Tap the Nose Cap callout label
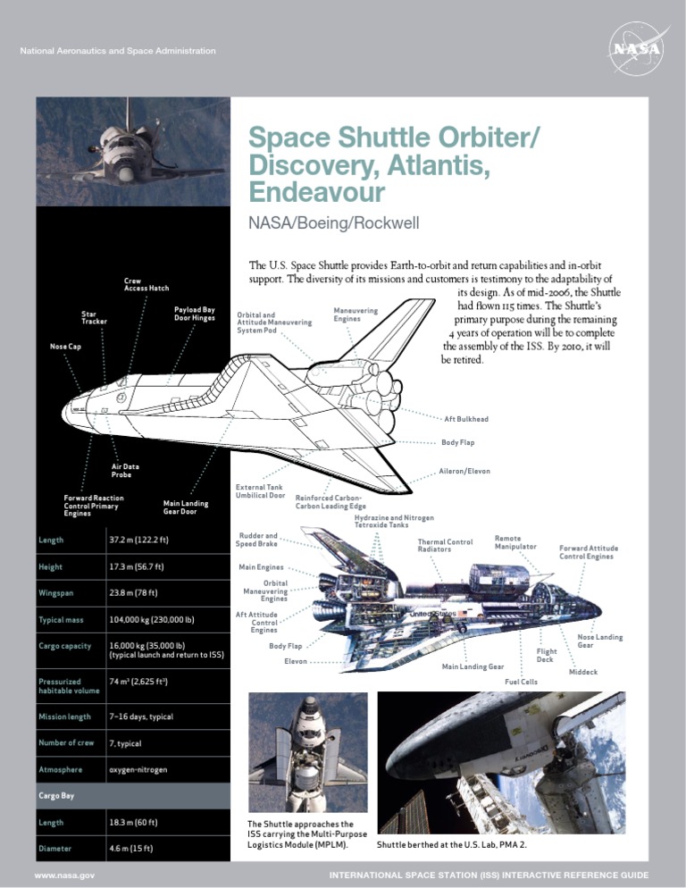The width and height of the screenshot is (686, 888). pos(66,346)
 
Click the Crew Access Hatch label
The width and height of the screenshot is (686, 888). pos(146,284)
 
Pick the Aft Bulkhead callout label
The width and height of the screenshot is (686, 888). pos(466,418)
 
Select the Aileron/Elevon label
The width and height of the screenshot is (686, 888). pos(464,471)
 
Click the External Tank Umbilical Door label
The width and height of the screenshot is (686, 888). pos(260,490)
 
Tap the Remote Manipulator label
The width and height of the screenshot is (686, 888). pos(515,541)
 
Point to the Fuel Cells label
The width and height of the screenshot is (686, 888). pos(521,682)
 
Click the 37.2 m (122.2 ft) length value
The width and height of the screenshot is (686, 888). pos(139,540)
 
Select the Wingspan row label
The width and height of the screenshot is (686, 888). pos(56,592)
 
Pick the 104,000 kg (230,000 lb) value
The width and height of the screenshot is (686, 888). pos(152,619)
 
